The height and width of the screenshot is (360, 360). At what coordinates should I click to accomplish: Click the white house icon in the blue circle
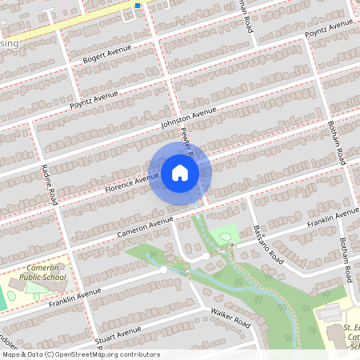click(x=180, y=173)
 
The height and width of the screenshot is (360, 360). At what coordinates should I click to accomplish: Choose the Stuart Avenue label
click(x=117, y=332)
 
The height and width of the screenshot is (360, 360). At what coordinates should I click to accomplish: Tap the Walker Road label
click(x=230, y=318)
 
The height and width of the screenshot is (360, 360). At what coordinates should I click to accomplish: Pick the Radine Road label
click(x=50, y=184)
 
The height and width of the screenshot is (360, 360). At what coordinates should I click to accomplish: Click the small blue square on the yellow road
click(x=138, y=6)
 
